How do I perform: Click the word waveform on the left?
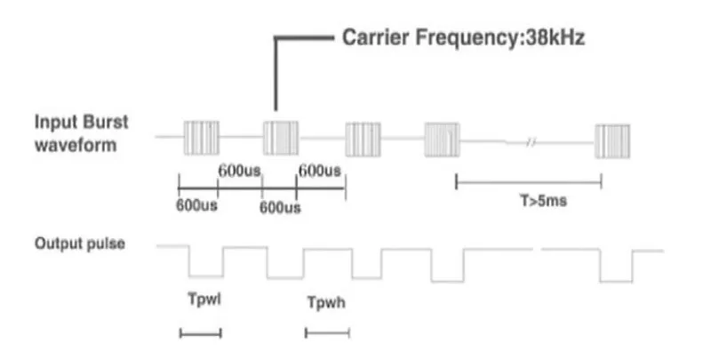pos(76,145)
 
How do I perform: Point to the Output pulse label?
pos(80,244)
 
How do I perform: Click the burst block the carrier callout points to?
pos(281,138)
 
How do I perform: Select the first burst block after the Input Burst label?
pos(202,138)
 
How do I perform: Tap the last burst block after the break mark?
pos(612,141)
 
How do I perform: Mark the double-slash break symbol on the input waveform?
pos(531,143)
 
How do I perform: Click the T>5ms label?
pos(543,200)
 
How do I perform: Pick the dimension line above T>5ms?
pos(529,182)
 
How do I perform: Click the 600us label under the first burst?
pos(196,205)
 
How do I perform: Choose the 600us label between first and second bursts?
pos(239,171)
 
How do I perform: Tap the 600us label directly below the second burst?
pos(280,208)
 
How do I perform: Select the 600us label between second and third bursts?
pos(319,171)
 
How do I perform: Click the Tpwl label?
pos(204,300)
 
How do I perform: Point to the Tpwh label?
pos(326,302)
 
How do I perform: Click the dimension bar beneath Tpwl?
pos(201,333)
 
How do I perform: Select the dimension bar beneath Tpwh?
pos(327,333)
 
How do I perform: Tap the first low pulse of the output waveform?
pos(206,276)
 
